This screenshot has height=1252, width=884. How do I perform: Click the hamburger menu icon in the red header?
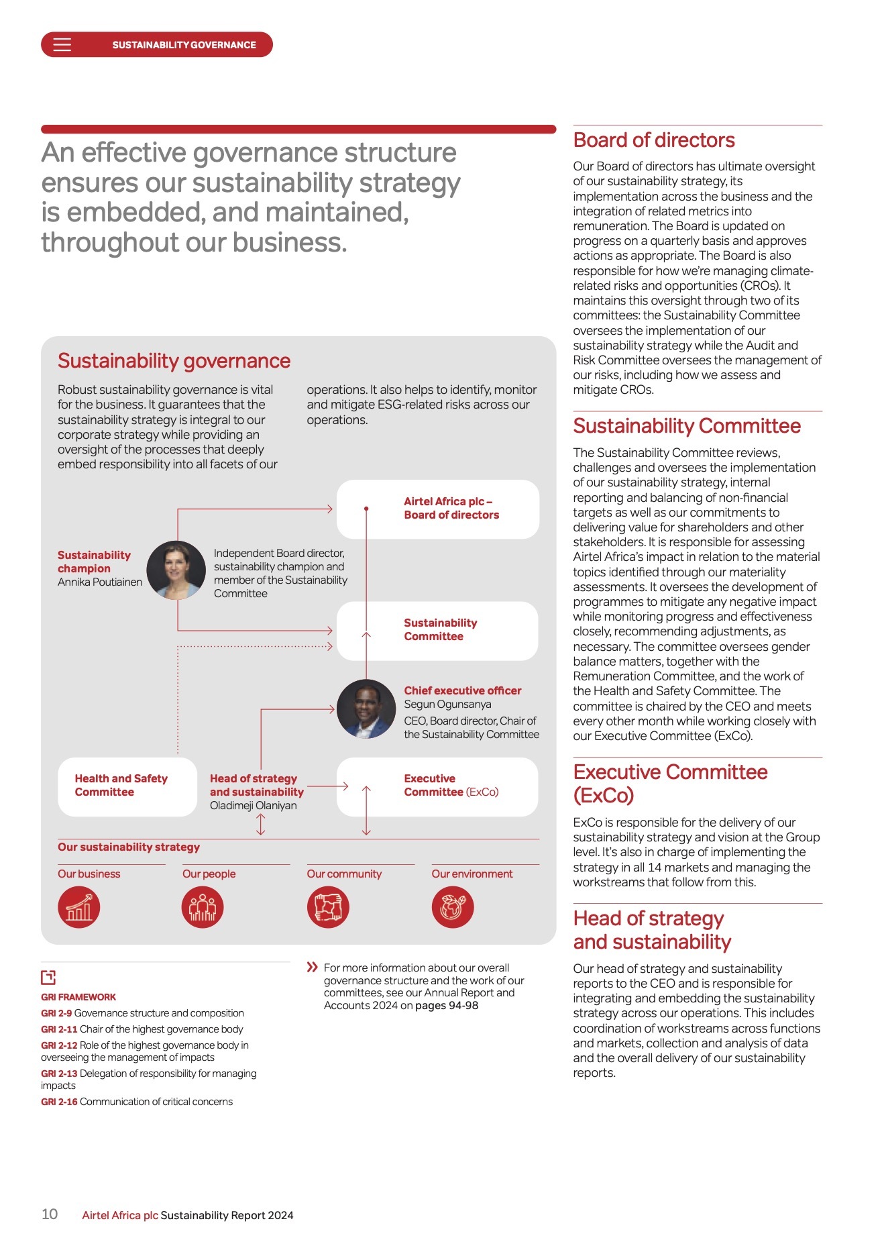pos(62,45)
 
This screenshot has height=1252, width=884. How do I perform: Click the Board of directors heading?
pos(653,140)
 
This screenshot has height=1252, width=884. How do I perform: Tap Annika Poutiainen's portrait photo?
pos(176,570)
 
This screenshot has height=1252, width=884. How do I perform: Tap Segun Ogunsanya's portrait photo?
pos(366,709)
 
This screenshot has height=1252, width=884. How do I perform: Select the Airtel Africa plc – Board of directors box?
pos(437,509)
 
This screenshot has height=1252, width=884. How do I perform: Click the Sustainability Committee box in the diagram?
pos(437,630)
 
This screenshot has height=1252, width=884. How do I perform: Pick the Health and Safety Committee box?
pos(127,786)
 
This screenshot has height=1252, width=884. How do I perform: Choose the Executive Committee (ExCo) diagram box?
pos(437,786)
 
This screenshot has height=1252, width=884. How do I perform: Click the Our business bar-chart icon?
pos(79,907)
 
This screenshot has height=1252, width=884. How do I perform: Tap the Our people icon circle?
pos(203,907)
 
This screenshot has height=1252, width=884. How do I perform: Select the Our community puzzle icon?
pos(328,907)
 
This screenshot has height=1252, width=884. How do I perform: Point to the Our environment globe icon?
pos(453,907)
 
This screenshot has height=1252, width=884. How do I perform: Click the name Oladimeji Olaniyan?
pos(253,805)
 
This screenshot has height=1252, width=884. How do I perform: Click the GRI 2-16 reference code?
pos(59,1102)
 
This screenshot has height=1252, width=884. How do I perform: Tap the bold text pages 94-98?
pos(446,1005)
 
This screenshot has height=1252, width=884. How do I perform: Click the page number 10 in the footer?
pos(50,1214)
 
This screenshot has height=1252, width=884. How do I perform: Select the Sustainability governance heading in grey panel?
pos(174,361)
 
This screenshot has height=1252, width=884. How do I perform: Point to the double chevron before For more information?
pos(312,967)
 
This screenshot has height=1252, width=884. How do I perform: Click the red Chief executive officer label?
pos(462,690)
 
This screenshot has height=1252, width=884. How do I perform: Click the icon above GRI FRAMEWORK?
pos(48,977)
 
